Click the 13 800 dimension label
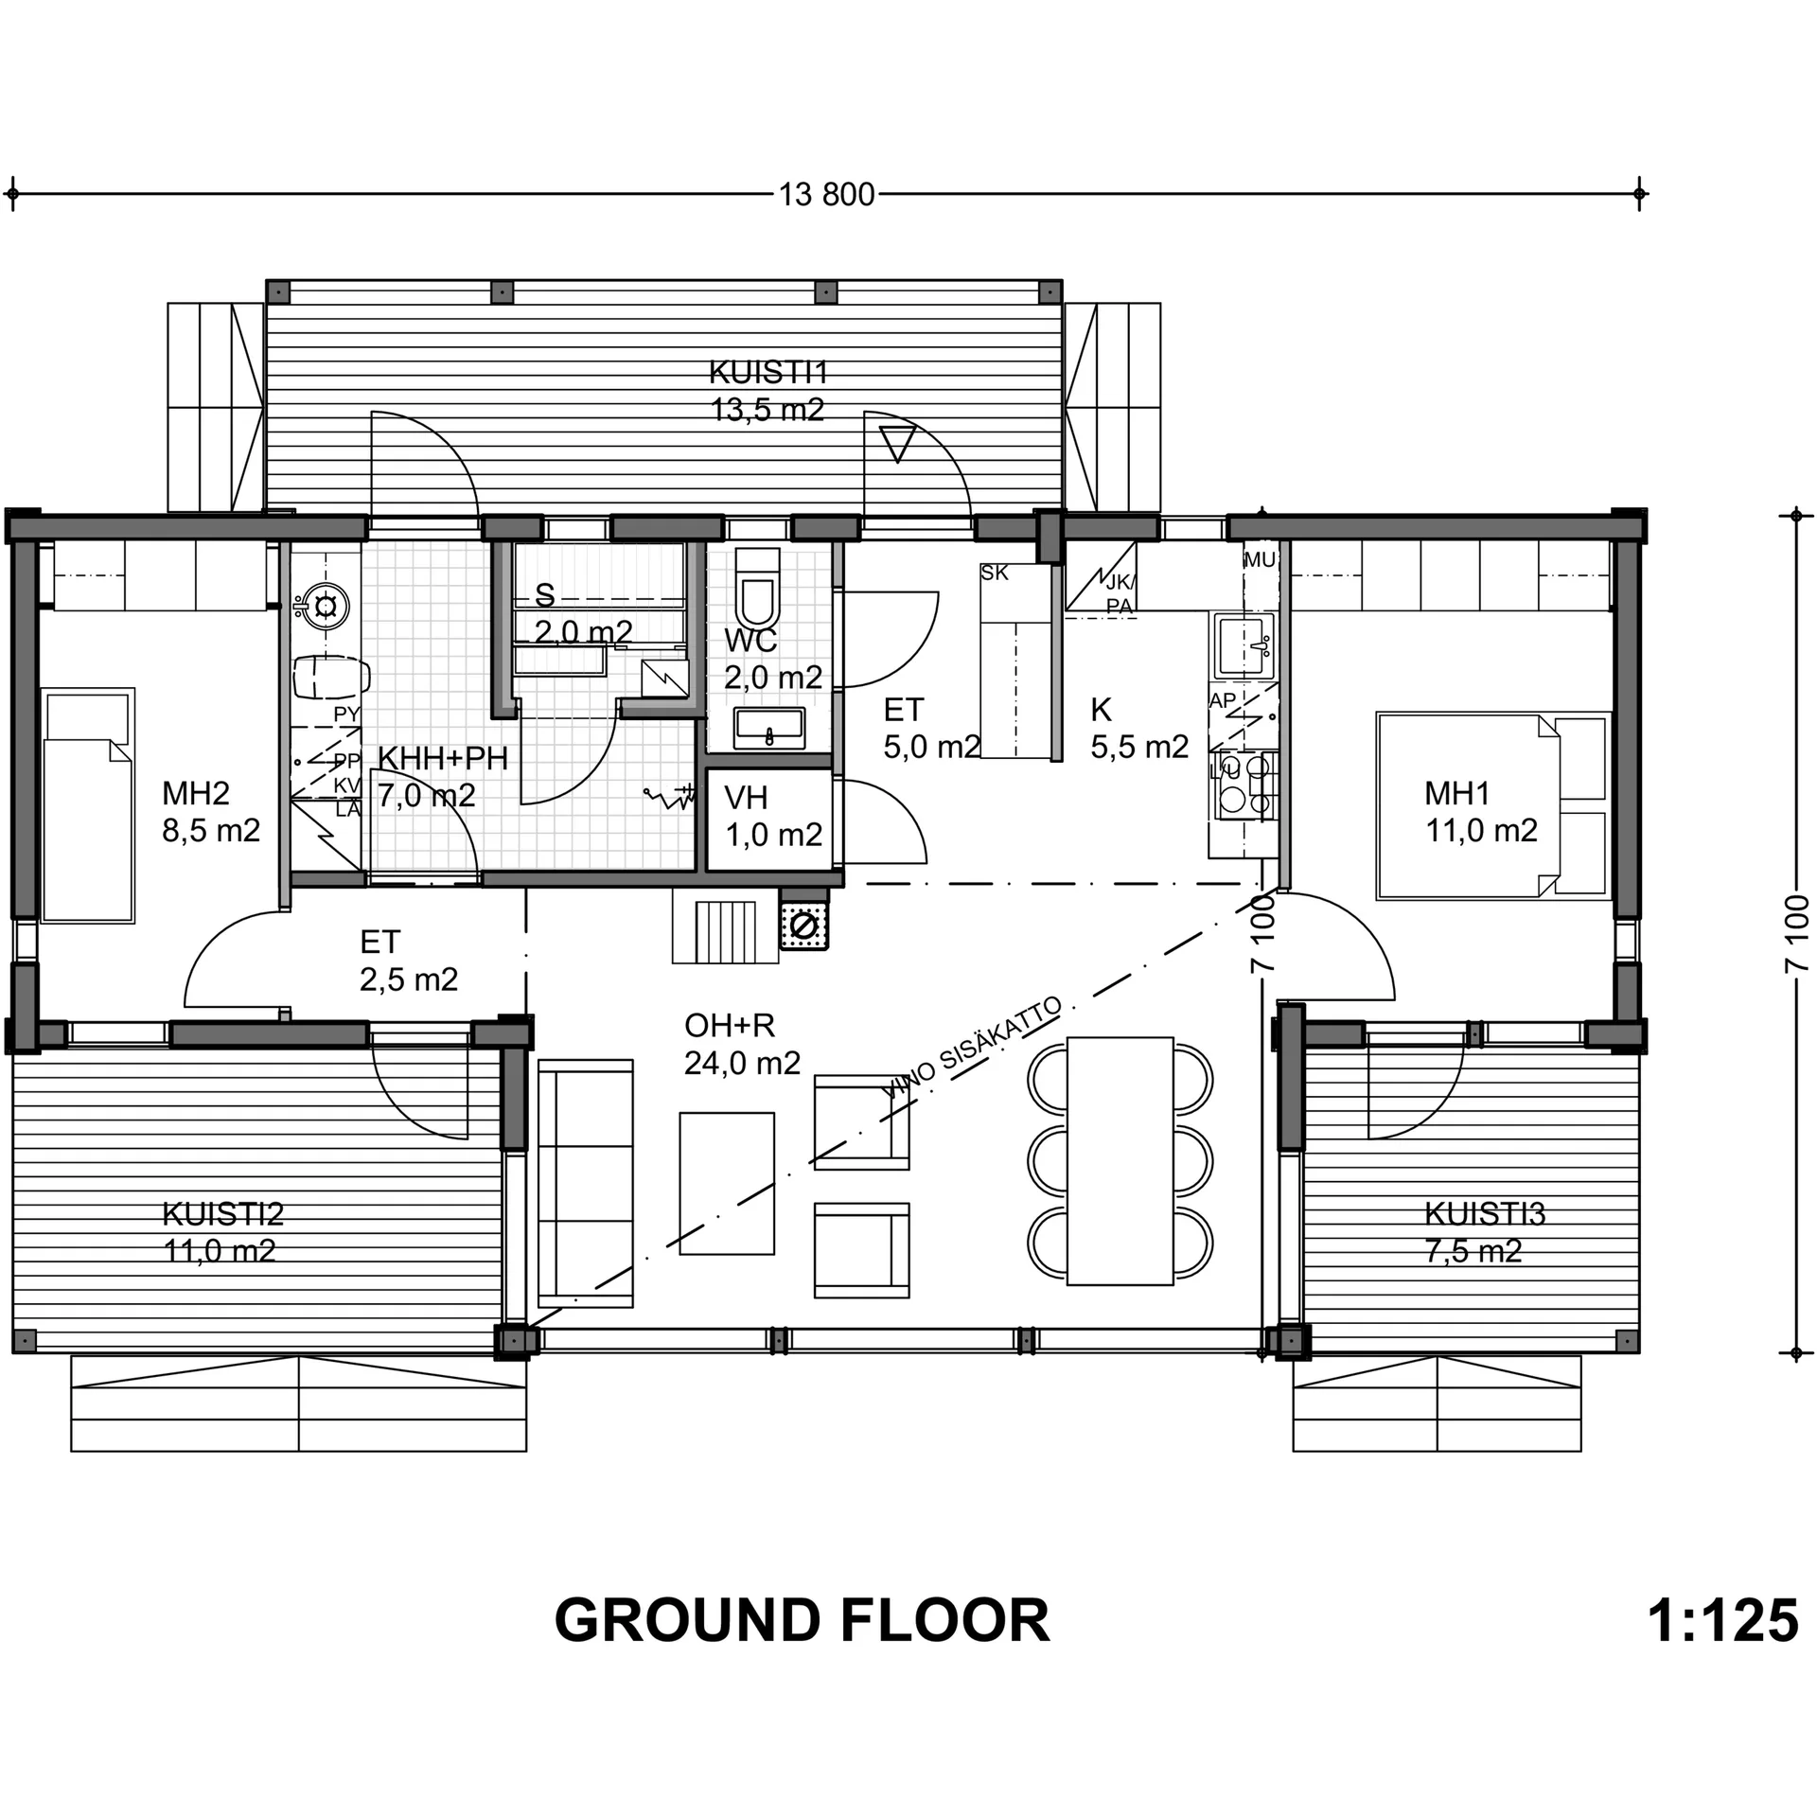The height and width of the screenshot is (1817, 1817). (x=827, y=194)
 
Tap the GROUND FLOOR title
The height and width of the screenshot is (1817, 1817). (x=802, y=1620)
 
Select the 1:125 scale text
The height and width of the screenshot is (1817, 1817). (x=1722, y=1620)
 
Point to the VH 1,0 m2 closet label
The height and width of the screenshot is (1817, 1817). (x=773, y=816)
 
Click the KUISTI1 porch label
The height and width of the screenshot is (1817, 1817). (x=768, y=372)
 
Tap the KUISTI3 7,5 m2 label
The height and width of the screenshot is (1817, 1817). (x=1483, y=1232)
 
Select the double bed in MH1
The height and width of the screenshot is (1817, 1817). (x=1492, y=804)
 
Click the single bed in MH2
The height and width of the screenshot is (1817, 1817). (x=88, y=805)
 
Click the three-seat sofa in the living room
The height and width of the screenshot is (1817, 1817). (x=585, y=1183)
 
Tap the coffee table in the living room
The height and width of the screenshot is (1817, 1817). (x=727, y=1183)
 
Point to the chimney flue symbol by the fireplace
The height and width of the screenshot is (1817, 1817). (x=803, y=926)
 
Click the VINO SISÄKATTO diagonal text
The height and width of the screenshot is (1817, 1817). (x=972, y=1048)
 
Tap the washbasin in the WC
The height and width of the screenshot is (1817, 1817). (x=769, y=729)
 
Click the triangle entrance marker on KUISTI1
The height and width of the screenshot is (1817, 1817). (x=897, y=444)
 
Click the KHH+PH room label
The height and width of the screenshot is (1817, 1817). (x=443, y=758)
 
